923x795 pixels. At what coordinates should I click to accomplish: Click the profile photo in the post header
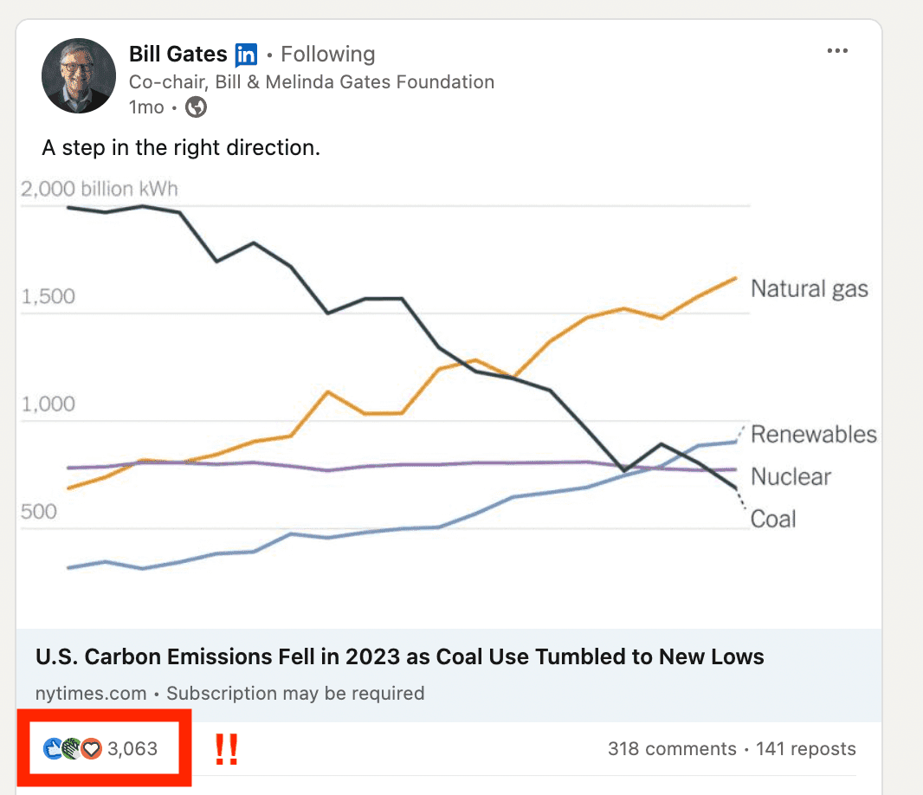79,75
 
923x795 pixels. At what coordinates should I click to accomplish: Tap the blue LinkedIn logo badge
246,55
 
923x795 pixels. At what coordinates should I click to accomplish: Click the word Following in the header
328,55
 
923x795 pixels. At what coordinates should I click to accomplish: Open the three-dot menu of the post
837,51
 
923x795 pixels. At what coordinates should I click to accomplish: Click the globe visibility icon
197,107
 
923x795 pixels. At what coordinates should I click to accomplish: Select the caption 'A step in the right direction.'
181,148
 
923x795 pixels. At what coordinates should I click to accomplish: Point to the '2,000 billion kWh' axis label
100,189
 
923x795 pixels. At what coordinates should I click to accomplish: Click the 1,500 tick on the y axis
48,297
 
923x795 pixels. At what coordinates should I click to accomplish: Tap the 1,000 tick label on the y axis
48,404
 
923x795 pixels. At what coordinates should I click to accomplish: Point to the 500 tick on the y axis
38,512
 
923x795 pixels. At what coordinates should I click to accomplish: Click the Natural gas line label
809,288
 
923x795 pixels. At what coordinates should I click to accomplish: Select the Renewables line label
813,434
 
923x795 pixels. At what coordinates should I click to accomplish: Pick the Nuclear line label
791,476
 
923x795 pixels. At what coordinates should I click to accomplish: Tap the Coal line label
772,519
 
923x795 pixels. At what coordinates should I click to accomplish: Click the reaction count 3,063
132,748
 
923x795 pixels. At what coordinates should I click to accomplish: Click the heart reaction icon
92,749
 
